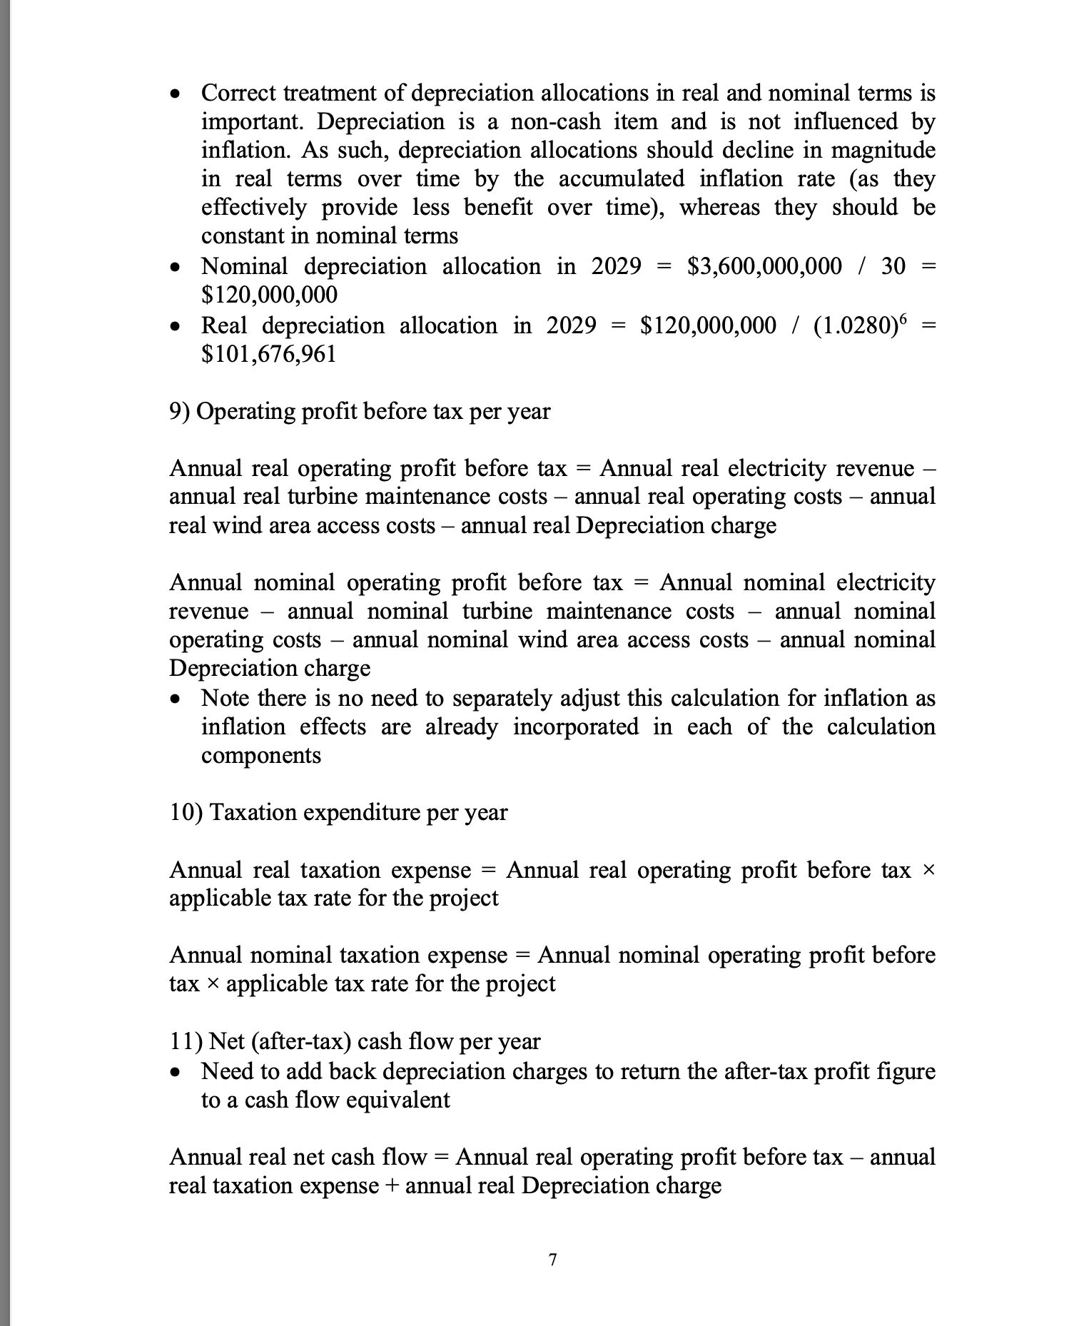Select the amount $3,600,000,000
coord(764,266)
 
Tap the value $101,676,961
coord(268,353)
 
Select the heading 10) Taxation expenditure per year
coord(338,812)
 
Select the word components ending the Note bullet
coord(261,755)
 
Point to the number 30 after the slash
coord(893,266)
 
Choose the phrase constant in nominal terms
coord(330,236)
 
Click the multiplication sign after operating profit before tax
coord(928,870)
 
